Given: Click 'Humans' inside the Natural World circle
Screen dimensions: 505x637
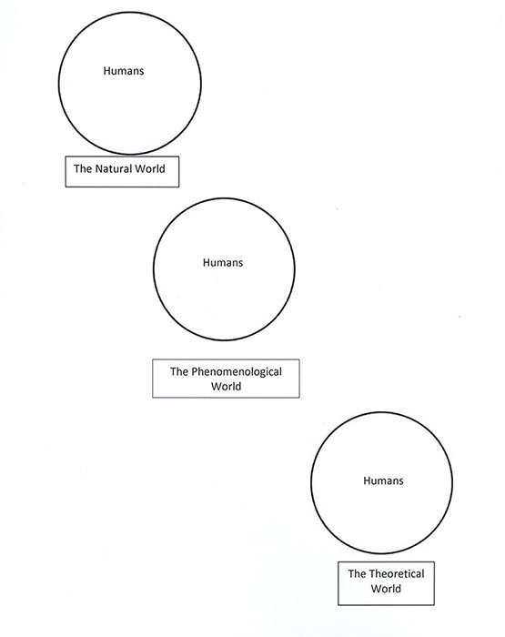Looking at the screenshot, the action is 124,71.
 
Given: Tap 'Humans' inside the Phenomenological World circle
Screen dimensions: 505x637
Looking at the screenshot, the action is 223,263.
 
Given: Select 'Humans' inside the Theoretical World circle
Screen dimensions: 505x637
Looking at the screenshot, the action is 383,481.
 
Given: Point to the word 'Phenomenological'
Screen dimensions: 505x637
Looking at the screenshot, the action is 237,372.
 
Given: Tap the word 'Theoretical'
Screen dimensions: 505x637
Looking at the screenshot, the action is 397,573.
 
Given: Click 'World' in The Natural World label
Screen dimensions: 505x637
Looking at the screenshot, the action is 150,168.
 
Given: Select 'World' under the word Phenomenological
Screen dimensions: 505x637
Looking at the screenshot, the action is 226,386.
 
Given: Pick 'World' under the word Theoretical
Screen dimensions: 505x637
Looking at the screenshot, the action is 386,589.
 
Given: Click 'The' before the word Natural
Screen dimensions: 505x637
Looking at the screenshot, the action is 83,168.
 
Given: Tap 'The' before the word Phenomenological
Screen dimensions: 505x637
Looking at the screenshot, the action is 178,371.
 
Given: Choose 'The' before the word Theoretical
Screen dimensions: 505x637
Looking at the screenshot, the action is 357,573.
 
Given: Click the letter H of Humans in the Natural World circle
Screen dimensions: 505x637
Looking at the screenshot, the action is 106,71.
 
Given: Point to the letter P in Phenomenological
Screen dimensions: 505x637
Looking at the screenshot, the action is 194,371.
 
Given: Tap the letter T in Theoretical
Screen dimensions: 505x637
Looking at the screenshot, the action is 372,573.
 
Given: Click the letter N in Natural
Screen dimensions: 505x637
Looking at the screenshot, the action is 98,168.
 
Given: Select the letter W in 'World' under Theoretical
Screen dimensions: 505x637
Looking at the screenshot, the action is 376,589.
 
